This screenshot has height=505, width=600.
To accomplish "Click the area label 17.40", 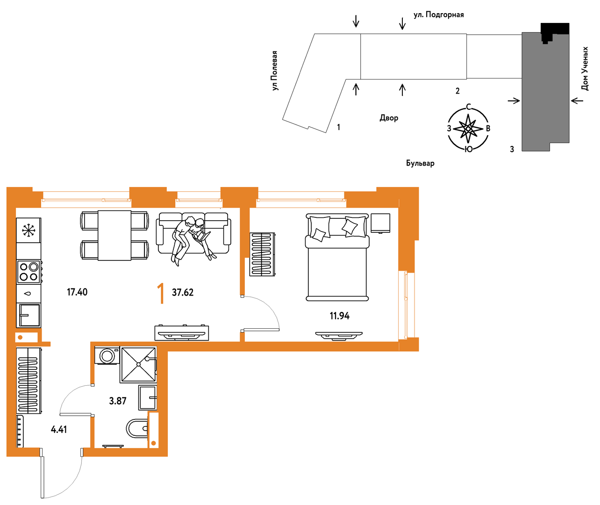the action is click(77, 292).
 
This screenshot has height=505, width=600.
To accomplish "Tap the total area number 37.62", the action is click(183, 292).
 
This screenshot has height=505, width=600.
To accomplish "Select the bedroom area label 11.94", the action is click(339, 316).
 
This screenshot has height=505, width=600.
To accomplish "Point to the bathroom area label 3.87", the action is click(118, 401).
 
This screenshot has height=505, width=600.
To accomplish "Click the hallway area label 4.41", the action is click(58, 430).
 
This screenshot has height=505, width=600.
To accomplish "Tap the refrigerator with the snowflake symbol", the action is click(29, 231).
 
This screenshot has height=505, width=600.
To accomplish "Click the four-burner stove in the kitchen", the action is click(29, 272).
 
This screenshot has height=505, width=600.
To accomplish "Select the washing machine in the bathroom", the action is click(107, 356).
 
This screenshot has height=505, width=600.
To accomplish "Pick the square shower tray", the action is click(138, 364).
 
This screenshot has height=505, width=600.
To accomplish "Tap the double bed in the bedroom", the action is click(337, 257).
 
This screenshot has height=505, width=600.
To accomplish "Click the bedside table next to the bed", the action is click(380, 223).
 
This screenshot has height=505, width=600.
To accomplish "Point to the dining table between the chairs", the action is click(114, 235).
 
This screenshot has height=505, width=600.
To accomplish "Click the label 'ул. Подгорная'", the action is click(438, 14).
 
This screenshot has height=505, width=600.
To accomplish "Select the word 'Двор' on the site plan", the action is click(389, 118).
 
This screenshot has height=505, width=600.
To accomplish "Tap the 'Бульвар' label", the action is click(420, 163).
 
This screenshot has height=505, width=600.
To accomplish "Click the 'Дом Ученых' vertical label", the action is click(585, 69).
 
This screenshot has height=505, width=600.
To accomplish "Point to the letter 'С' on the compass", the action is click(468, 107).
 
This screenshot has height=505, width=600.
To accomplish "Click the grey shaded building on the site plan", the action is click(545, 92).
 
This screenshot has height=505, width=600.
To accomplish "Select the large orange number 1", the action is click(161, 293).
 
